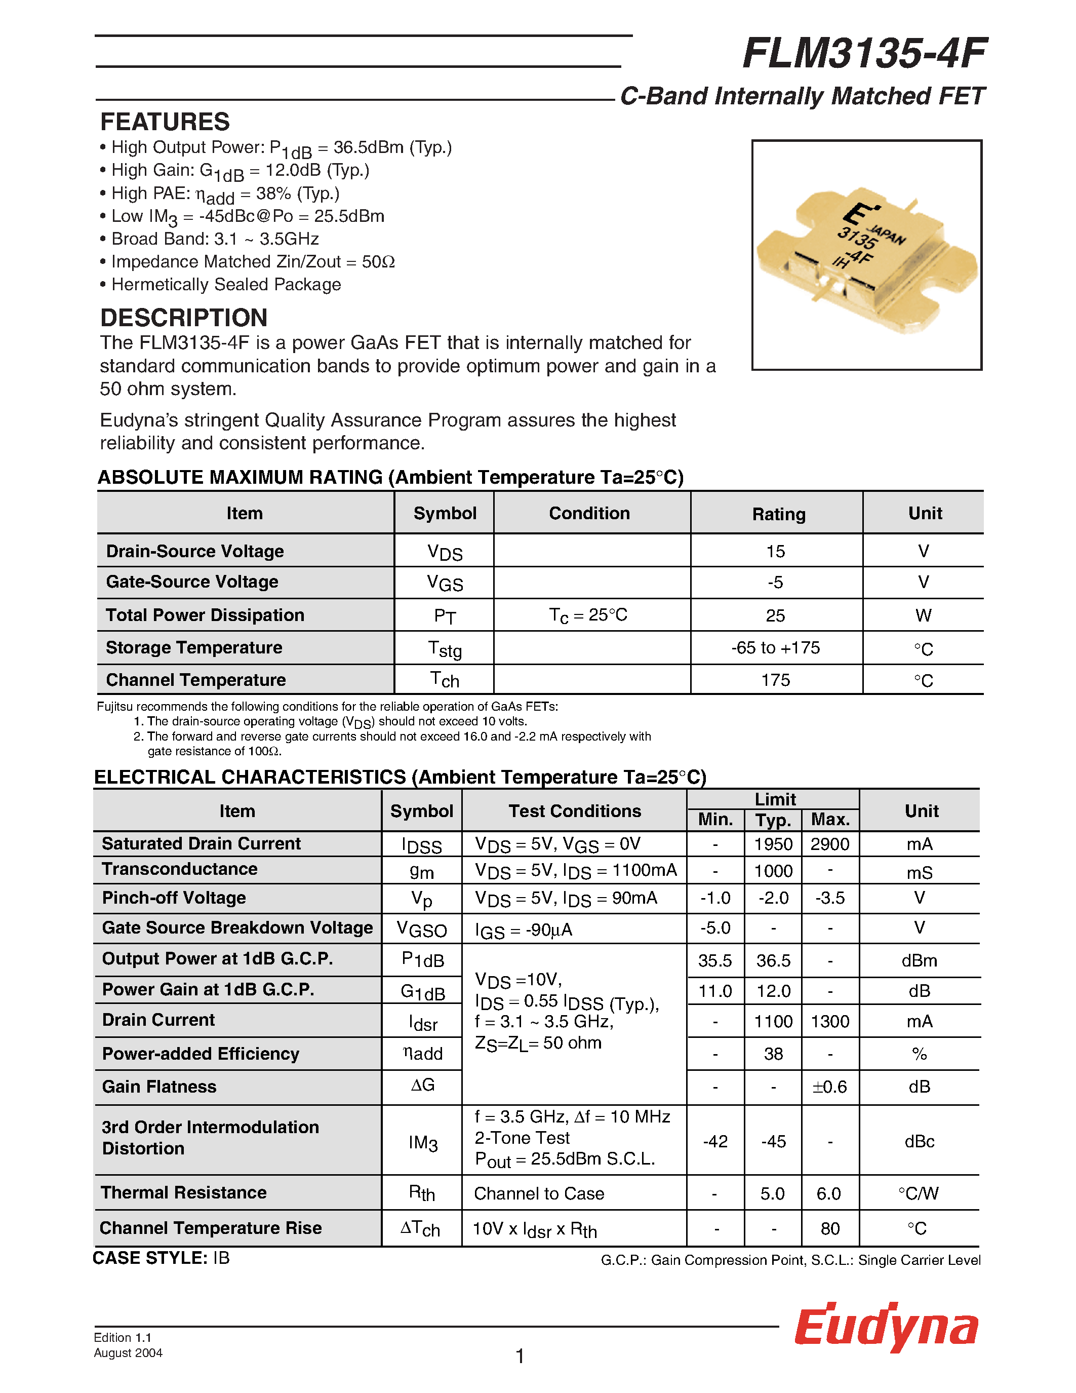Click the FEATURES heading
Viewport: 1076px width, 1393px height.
165,122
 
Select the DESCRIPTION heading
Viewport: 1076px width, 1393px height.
184,318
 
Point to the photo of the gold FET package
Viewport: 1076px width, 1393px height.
866,255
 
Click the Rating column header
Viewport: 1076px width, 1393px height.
778,514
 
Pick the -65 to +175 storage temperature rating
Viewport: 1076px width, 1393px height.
775,648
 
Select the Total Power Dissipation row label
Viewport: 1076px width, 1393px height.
205,615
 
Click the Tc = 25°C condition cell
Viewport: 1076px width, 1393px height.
588,615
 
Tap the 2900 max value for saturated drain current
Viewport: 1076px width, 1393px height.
829,844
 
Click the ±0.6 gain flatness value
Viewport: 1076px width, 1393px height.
829,1087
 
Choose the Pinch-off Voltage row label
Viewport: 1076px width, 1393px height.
174,898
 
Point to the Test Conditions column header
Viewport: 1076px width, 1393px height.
574,811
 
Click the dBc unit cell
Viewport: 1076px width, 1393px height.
919,1142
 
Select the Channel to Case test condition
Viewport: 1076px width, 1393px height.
539,1193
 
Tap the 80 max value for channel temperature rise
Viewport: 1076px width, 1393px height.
829,1229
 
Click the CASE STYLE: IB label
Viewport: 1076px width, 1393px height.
161,1258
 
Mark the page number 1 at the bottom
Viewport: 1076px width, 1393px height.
520,1356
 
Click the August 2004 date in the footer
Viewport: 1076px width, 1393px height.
128,1353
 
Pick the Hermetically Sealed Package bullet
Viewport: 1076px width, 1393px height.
226,285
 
